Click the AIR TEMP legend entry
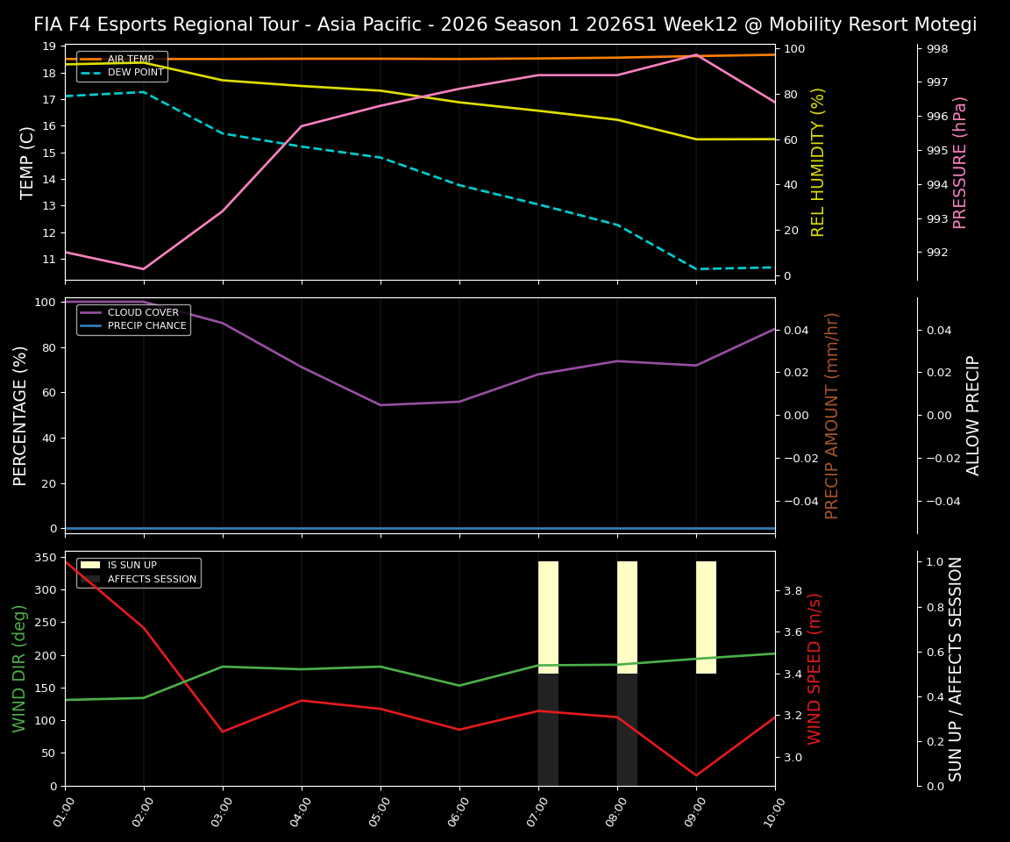[x=130, y=60]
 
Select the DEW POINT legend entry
[x=135, y=73]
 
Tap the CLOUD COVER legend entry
[x=143, y=313]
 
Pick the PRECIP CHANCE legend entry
[x=146, y=326]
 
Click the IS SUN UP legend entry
[x=144, y=566]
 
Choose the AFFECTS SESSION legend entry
[x=152, y=579]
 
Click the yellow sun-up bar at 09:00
[x=706, y=617]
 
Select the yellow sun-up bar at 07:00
[x=548, y=617]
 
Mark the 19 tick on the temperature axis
[x=49, y=46]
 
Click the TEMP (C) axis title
[x=27, y=162]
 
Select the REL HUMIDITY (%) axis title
[x=818, y=162]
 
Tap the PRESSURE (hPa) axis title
[x=960, y=162]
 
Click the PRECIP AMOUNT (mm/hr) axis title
[x=832, y=415]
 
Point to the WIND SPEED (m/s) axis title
[x=815, y=668]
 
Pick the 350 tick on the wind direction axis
[x=46, y=557]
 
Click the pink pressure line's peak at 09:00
[x=696, y=55]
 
